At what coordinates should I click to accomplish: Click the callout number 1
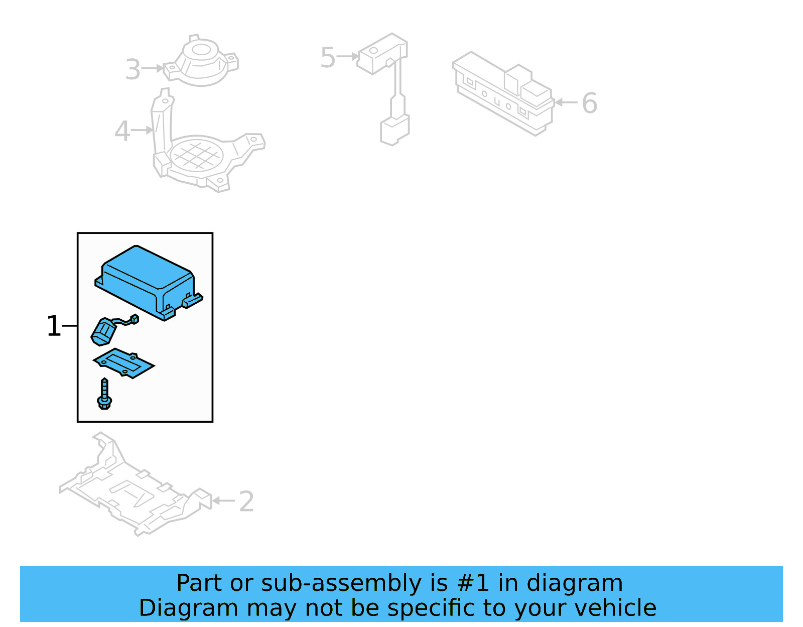pyautogui.click(x=53, y=326)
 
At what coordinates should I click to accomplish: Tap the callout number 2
pyautogui.click(x=246, y=501)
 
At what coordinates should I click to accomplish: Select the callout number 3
pyautogui.click(x=133, y=69)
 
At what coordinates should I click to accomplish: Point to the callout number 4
pyautogui.click(x=122, y=131)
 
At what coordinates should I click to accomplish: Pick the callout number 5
pyautogui.click(x=327, y=57)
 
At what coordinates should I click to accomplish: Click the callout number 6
pyautogui.click(x=589, y=103)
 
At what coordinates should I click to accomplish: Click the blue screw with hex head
pyautogui.click(x=104, y=395)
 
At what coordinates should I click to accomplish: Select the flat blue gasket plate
pyautogui.click(x=123, y=363)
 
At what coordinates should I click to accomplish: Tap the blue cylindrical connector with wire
pyautogui.click(x=104, y=332)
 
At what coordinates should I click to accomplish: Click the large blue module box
pyautogui.click(x=146, y=279)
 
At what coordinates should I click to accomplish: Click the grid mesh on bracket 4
pyautogui.click(x=197, y=155)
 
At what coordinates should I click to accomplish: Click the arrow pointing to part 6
pyautogui.click(x=566, y=102)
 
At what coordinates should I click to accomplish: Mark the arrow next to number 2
pyautogui.click(x=223, y=500)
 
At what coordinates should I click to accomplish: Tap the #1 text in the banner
pyautogui.click(x=473, y=583)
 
